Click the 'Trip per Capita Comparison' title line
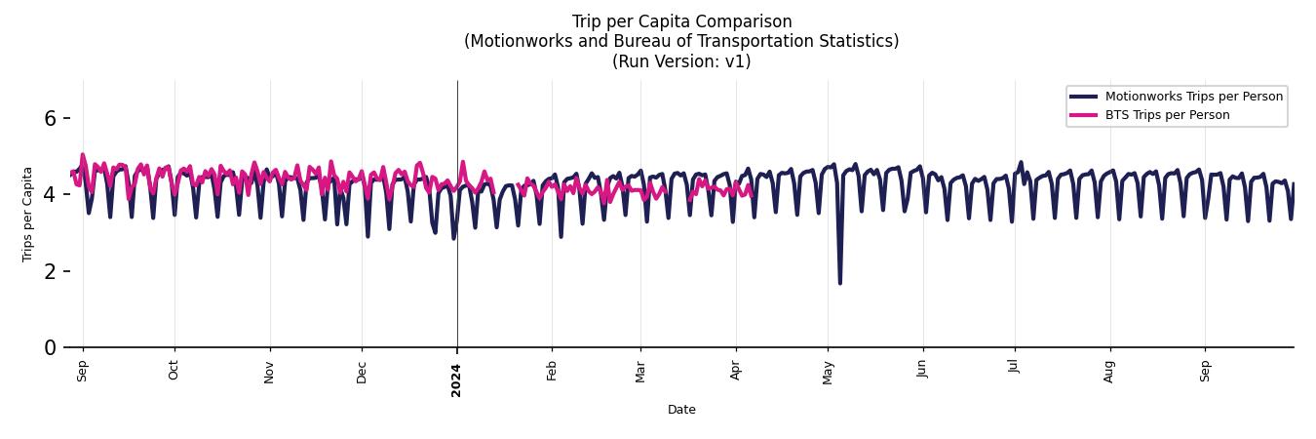[681, 21]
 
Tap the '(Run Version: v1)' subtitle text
[681, 61]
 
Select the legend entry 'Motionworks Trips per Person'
[1193, 97]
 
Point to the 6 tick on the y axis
[51, 118]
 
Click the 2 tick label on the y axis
[51, 271]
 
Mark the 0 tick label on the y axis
[51, 347]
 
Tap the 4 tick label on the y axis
[51, 195]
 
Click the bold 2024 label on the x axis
[456, 379]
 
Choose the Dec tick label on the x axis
[362, 372]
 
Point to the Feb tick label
[552, 371]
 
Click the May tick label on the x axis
[828, 372]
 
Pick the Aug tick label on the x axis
[1108, 371]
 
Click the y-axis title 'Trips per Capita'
[27, 214]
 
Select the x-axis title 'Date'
[681, 410]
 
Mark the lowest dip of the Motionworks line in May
[839, 282]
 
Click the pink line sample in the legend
[1083, 115]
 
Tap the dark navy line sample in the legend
[1083, 97]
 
